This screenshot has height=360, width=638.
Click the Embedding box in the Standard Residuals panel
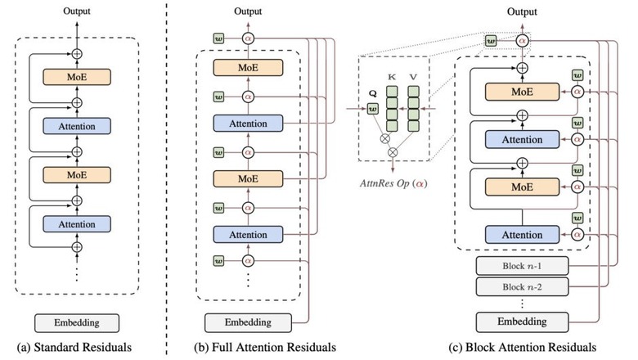(77, 322)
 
